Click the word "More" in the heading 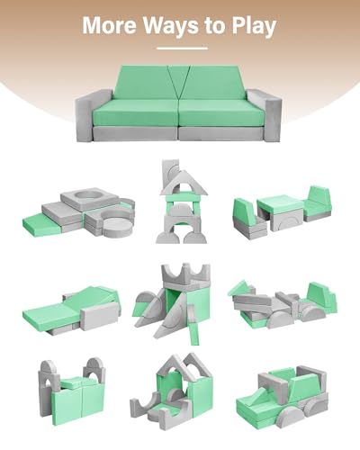(110, 25)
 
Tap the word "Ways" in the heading (171, 25)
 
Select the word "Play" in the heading (254, 26)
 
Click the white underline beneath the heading (182, 48)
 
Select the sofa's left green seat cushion (137, 112)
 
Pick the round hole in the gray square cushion (89, 195)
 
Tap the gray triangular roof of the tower (184, 184)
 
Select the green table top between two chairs (278, 204)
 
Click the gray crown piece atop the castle (185, 274)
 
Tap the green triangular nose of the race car (239, 288)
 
